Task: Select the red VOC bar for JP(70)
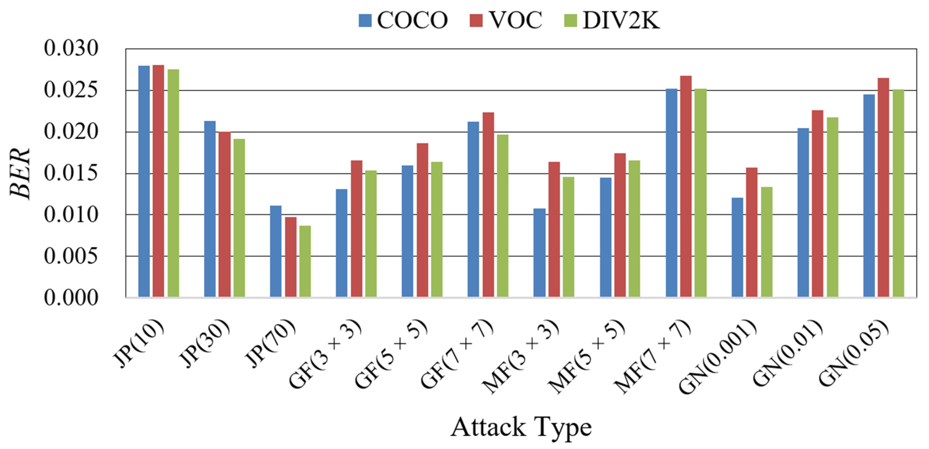click(291, 257)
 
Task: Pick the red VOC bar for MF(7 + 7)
click(686, 186)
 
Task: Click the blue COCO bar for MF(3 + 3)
click(539, 253)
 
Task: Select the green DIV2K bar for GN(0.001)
click(767, 242)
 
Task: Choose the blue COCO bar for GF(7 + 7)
click(473, 209)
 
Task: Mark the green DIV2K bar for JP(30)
click(239, 218)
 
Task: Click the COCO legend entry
click(403, 20)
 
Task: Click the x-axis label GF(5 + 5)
click(391, 354)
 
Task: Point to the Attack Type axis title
click(521, 427)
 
